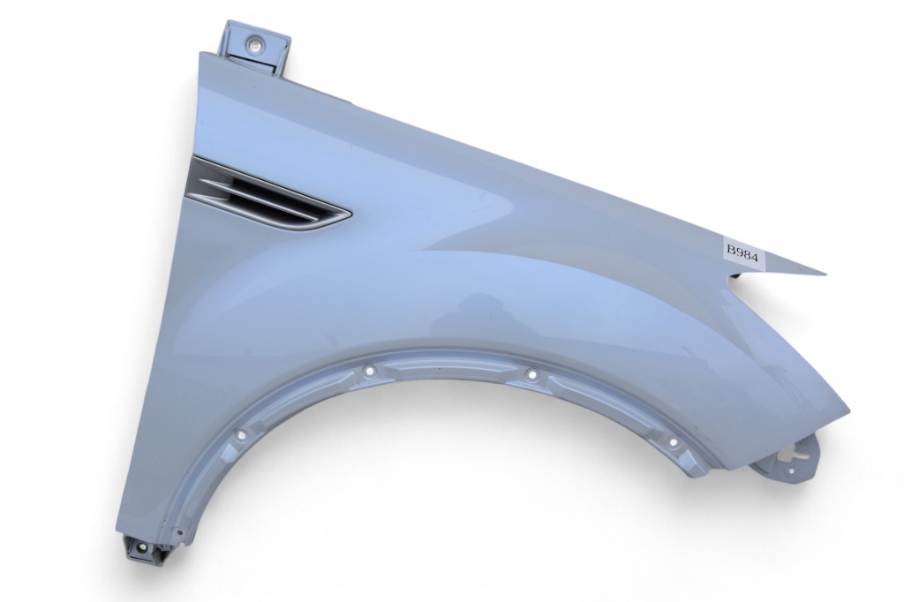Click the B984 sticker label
(x=743, y=252)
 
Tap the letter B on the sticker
(x=731, y=251)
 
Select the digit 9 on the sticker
(x=738, y=252)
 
